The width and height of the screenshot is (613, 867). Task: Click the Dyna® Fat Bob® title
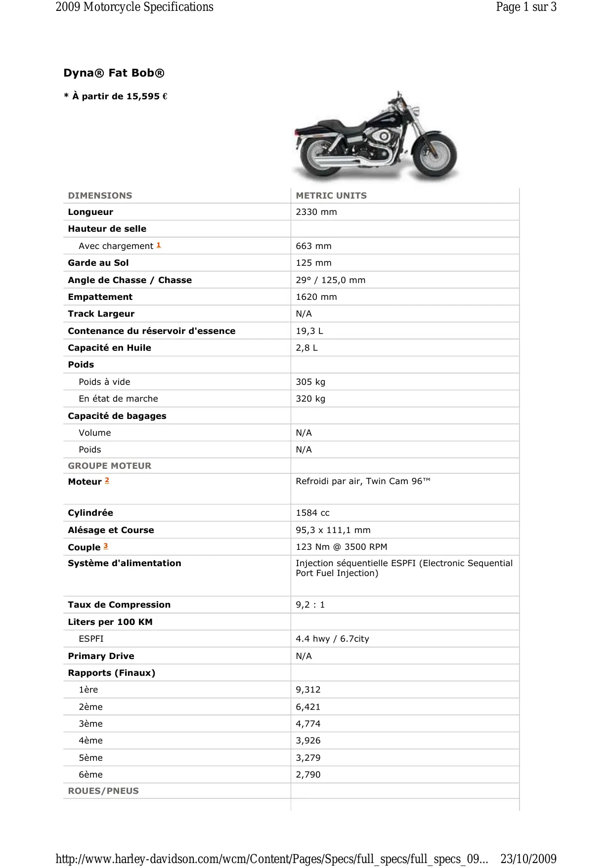pos(114,73)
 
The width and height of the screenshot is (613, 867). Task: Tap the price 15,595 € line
pos(116,96)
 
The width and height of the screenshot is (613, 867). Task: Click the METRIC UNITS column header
pos(331,196)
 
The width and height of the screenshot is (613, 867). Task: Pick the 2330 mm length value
pos(316,212)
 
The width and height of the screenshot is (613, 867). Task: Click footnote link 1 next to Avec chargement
pos(159,245)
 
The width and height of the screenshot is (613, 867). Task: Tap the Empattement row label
pos(100,297)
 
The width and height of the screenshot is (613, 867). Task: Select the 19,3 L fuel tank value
pos(309,331)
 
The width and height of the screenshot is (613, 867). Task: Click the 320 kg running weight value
pos(310,399)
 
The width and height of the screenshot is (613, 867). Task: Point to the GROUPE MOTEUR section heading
pos(110,466)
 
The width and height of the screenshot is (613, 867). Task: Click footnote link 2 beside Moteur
pos(107,480)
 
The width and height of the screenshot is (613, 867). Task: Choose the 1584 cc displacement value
pos(312,513)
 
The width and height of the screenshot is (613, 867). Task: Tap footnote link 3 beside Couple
pos(106,546)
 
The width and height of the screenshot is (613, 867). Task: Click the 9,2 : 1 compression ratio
pos(310,605)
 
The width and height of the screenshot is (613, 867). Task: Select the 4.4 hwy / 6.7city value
pos(332,639)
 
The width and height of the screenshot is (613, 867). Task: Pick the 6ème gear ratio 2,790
pos(308,775)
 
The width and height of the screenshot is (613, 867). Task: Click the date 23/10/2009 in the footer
pos(528,859)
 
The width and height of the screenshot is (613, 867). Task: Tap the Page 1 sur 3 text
pos(526,7)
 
